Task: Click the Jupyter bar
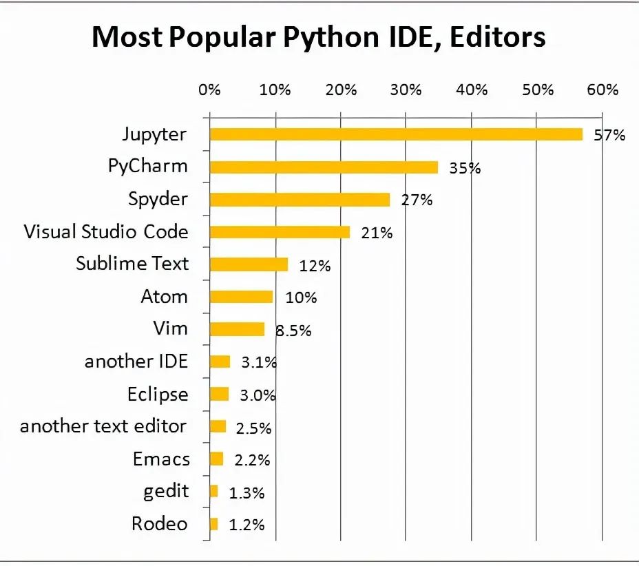(x=396, y=134)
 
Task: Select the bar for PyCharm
(x=324, y=167)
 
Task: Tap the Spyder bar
(x=300, y=200)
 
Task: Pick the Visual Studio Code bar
(x=280, y=232)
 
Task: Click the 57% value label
(x=609, y=135)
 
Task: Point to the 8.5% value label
(x=293, y=331)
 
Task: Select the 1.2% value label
(x=247, y=525)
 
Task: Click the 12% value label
(x=315, y=266)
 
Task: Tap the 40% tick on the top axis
(x=472, y=90)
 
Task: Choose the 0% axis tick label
(x=209, y=90)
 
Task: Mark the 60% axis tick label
(x=603, y=90)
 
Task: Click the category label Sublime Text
(x=132, y=264)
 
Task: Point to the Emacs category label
(x=161, y=459)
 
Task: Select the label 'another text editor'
(x=103, y=426)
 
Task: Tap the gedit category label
(x=166, y=492)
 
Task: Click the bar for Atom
(x=241, y=297)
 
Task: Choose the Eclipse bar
(x=219, y=394)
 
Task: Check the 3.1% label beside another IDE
(x=259, y=362)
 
